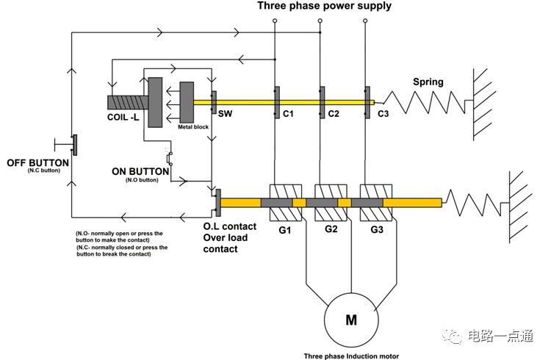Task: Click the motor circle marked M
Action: click(x=351, y=320)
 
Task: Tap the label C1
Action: click(x=288, y=114)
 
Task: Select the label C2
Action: click(x=334, y=114)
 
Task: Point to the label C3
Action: click(x=383, y=114)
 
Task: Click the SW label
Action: click(x=225, y=114)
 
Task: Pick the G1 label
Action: click(x=284, y=230)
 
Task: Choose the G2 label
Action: click(x=331, y=229)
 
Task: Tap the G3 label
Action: click(x=377, y=230)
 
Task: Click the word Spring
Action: click(x=428, y=82)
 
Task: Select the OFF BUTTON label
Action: click(x=38, y=163)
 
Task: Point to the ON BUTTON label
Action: click(x=140, y=172)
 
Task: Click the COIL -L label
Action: click(x=123, y=117)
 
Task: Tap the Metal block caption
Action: click(x=193, y=127)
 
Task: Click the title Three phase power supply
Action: click(x=324, y=6)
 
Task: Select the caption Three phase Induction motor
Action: click(x=351, y=356)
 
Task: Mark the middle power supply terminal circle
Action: click(x=320, y=21)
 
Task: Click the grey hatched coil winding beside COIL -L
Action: click(x=128, y=102)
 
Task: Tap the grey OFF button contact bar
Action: click(x=75, y=145)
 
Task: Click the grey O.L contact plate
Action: click(x=218, y=203)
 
